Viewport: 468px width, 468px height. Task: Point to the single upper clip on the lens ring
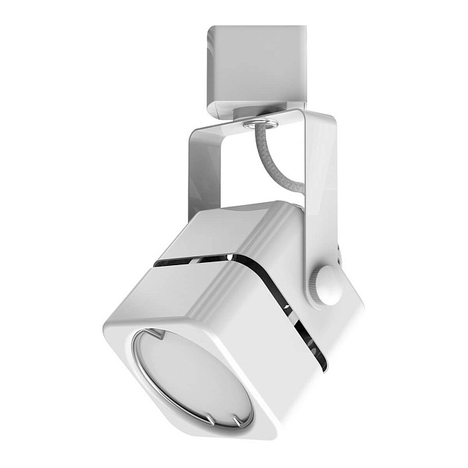click(x=152, y=332)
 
